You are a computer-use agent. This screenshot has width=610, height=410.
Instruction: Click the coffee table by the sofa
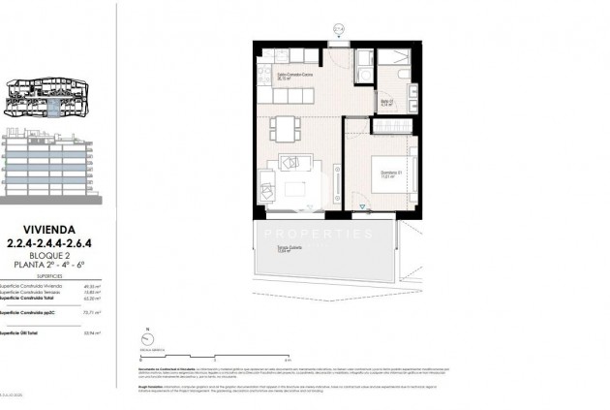(x=292, y=184)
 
